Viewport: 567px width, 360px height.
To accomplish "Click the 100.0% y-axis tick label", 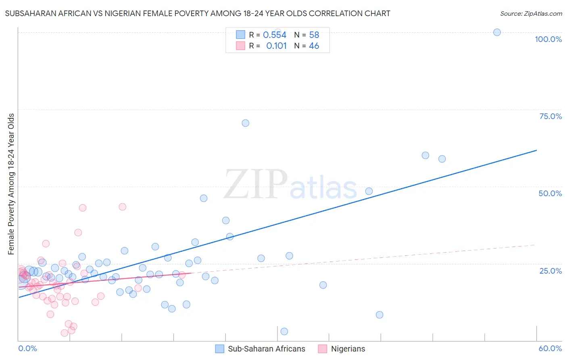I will coord(548,39).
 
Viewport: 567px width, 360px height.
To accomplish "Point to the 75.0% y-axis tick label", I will coord(550,116).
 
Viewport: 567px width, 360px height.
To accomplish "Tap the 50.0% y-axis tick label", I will coord(550,193).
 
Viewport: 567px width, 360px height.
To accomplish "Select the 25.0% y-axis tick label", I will coord(550,270).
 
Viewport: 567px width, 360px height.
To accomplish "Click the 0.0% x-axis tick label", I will coord(27,348).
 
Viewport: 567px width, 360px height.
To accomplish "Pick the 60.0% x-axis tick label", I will coord(550,348).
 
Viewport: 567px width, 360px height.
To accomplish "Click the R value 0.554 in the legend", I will coord(275,35).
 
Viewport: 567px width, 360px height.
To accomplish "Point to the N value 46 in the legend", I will coord(314,46).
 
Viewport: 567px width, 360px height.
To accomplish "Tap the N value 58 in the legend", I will coord(314,35).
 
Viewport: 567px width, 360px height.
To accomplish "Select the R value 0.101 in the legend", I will coord(276,46).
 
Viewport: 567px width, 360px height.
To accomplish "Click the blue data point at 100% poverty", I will coord(497,32).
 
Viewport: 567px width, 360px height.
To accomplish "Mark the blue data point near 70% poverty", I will coord(245,123).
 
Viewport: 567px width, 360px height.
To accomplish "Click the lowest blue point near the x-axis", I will coord(284,331).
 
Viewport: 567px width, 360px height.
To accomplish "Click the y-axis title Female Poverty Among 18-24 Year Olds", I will coord(11,184).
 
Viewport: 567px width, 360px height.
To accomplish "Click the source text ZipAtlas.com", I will coord(531,14).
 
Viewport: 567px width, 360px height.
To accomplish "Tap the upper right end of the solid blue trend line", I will coord(536,150).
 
